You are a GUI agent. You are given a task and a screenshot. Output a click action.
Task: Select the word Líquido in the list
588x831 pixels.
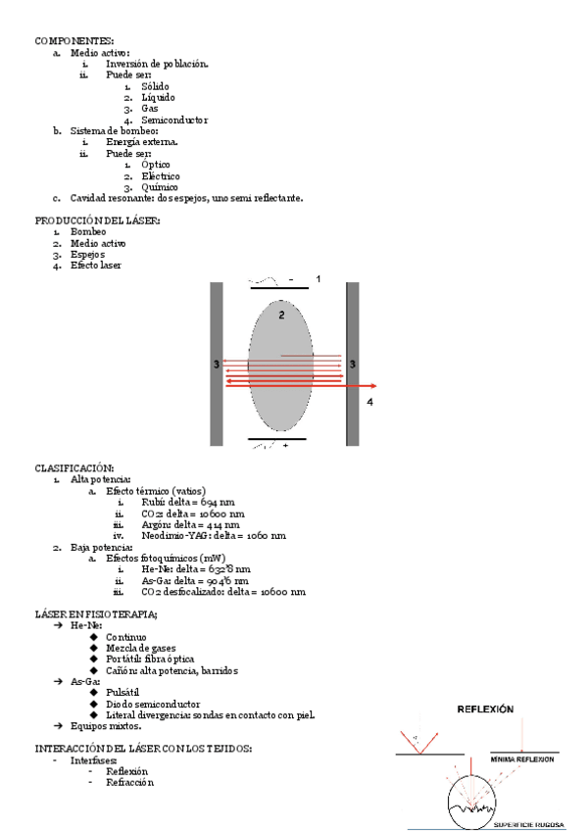161,98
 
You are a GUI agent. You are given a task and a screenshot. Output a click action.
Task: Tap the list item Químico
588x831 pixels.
160,187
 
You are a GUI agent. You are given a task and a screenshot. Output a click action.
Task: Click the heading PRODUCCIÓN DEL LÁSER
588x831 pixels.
97,220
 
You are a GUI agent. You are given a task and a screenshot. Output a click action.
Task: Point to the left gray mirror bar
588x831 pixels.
217,364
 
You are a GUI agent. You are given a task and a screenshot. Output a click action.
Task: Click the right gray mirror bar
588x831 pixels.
352,364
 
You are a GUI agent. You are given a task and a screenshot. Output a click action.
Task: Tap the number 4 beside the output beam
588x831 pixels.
369,402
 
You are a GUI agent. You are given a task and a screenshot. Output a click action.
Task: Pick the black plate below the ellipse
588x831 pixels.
284,439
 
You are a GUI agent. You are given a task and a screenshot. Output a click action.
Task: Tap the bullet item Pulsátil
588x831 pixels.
127,692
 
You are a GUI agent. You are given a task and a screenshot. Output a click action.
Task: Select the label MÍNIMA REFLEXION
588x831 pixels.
522,759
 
